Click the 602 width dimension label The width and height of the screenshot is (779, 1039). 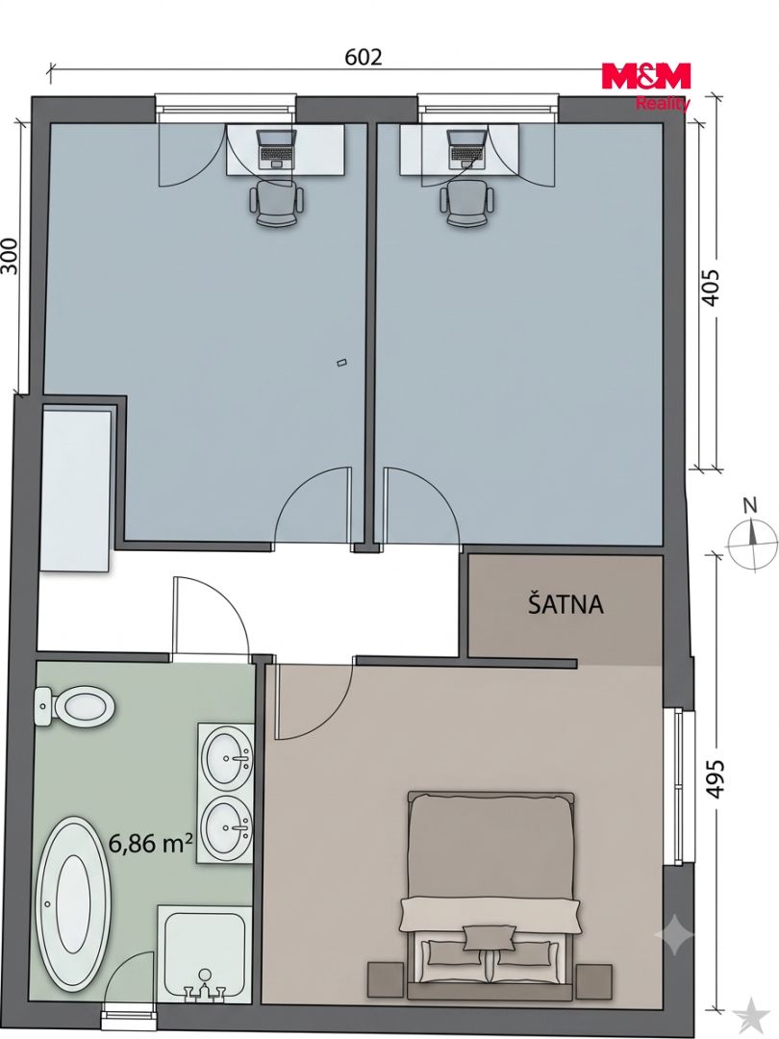point(364,57)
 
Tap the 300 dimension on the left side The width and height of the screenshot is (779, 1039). point(10,256)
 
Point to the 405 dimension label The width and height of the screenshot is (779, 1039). point(710,287)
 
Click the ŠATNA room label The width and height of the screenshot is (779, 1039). point(565,604)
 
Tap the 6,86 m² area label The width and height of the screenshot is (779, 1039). point(151,844)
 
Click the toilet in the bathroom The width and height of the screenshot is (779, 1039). point(74,708)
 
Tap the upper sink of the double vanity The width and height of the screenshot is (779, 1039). point(227,758)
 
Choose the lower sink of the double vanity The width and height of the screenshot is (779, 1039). point(227,826)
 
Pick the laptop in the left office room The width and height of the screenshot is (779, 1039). point(276,148)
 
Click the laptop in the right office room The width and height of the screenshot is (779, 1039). point(466,148)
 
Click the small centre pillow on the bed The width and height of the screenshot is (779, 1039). point(490,938)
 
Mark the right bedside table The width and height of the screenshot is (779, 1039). point(593,980)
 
